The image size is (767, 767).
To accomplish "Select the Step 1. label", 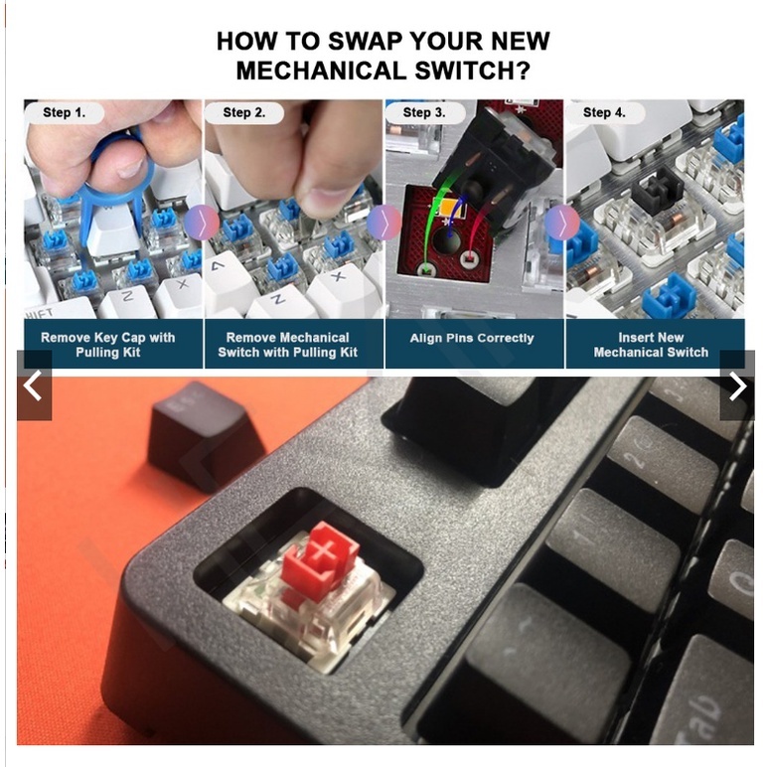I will tap(64, 112).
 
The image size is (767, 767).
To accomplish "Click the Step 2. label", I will tap(243, 112).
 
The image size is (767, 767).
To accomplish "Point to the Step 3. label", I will tap(424, 112).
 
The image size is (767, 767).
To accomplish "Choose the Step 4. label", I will tap(604, 112).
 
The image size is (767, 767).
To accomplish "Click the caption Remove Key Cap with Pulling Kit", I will tap(107, 345).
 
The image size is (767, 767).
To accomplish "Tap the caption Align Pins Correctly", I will tap(472, 338).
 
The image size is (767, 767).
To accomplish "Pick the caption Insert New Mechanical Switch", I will tap(651, 345).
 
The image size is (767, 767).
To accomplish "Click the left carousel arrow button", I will tap(34, 386).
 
